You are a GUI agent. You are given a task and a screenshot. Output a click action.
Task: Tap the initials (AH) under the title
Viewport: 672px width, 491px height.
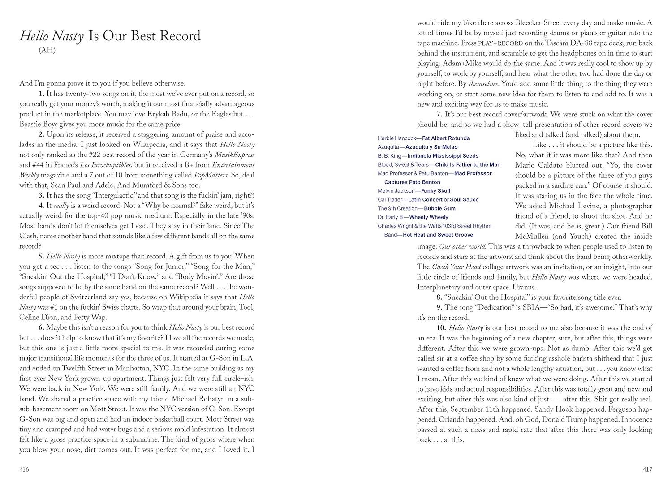coord(47,50)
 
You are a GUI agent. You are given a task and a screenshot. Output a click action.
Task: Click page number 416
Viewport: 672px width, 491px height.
coord(24,469)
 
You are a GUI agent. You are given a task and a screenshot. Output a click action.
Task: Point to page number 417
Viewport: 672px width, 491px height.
coord(647,469)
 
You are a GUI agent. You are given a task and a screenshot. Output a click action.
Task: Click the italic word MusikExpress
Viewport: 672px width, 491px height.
coord(233,155)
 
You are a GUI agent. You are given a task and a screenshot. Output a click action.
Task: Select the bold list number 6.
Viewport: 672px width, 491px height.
coord(42,327)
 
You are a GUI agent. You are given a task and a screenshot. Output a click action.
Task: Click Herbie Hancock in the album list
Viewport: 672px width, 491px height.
coord(397,138)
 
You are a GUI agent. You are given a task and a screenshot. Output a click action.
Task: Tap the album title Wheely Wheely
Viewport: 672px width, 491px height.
coord(429,217)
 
